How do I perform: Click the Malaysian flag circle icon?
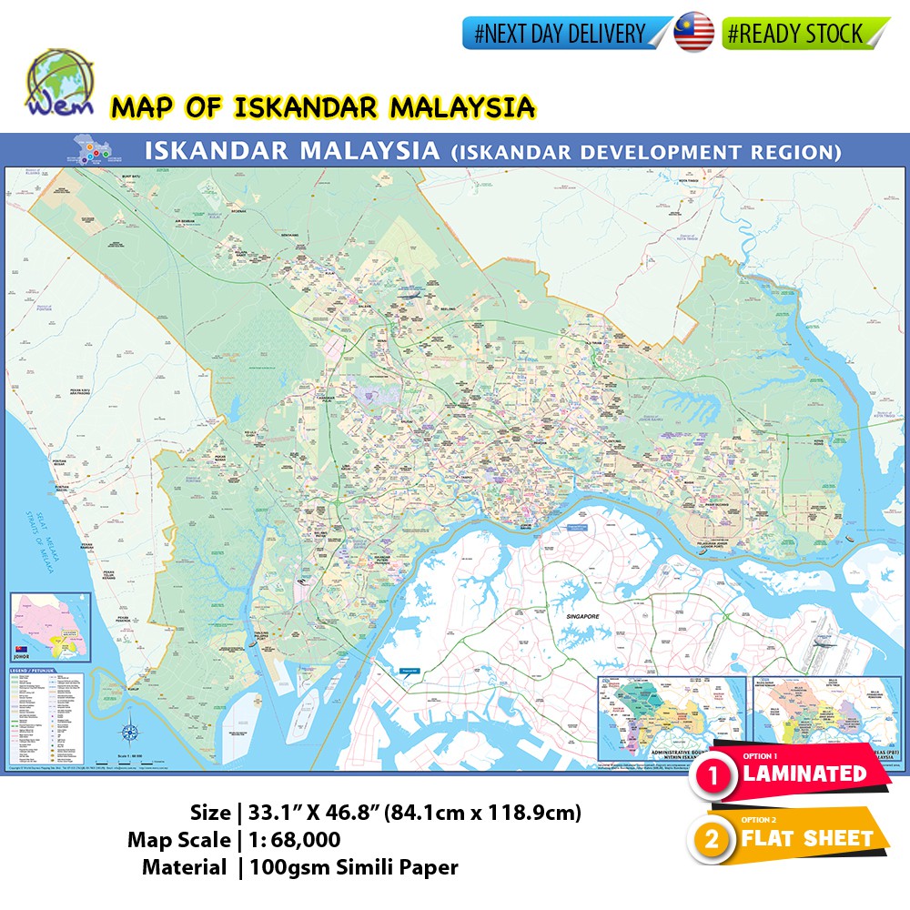694,34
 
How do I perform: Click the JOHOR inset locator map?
51,626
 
